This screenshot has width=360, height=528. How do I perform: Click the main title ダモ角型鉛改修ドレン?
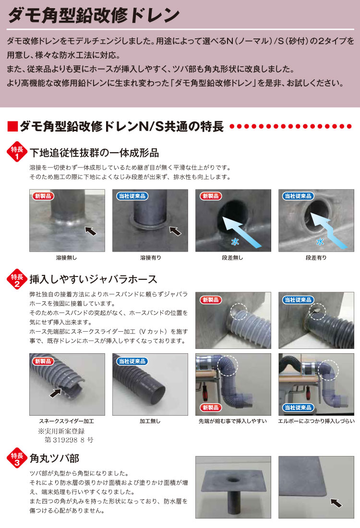coord(94,15)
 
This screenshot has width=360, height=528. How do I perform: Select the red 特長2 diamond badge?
coord(17,280)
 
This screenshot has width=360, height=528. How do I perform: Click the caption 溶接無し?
coord(66,258)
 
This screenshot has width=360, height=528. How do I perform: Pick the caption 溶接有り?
coord(150,258)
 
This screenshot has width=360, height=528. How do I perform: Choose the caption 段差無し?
coord(233,258)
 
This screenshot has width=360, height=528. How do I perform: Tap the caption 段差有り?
coord(316,258)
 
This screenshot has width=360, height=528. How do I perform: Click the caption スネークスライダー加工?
coord(66,421)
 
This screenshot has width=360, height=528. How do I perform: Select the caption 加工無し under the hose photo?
coord(150,421)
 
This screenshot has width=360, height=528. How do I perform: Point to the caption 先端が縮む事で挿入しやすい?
coord(233,421)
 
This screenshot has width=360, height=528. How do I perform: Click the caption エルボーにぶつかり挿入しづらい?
coord(316,421)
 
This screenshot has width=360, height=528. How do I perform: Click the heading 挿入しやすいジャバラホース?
coord(94,279)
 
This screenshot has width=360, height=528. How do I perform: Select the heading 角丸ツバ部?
coord(54,457)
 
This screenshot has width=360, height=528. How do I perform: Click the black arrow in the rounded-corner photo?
coord(337,503)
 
